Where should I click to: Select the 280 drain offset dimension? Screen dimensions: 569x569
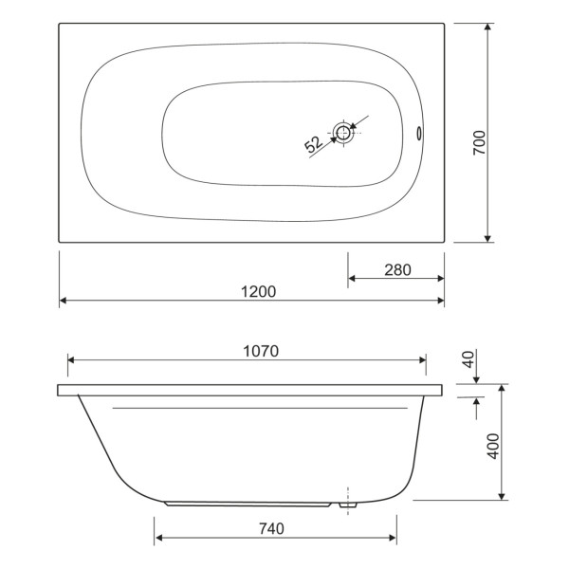coord(397,269)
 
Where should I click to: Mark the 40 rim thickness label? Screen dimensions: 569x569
coord(466,361)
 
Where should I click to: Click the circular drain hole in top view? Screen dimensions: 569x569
coord(344,133)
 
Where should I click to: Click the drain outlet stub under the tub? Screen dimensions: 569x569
coord(348,506)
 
